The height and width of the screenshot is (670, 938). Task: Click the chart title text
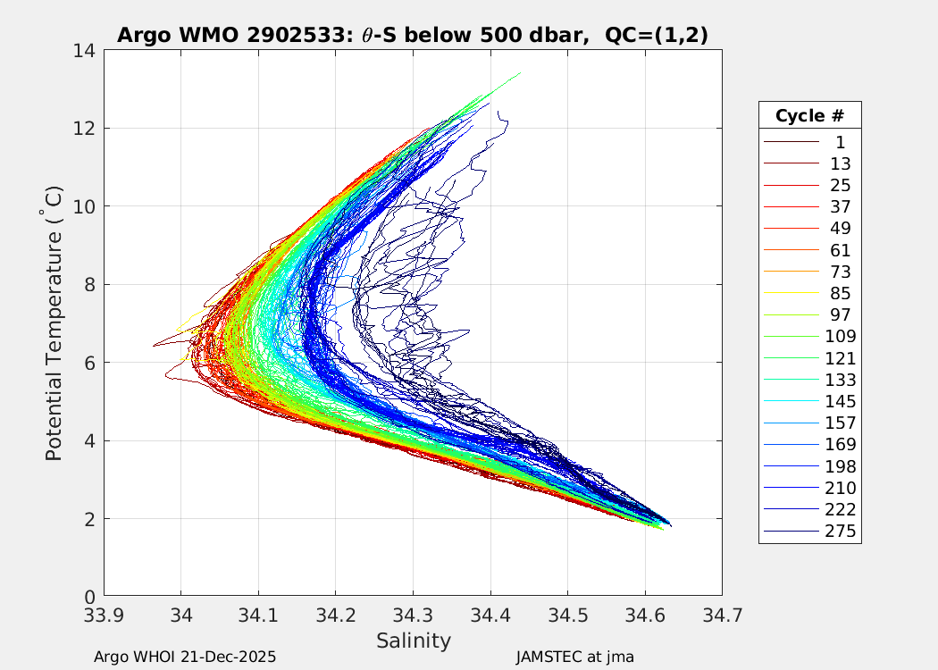[x=413, y=35]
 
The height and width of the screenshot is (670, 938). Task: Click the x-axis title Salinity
[x=413, y=641]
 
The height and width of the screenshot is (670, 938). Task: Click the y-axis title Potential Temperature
[x=54, y=323]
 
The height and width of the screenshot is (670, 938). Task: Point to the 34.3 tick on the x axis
[x=413, y=616]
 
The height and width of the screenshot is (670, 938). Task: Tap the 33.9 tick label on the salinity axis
[x=104, y=616]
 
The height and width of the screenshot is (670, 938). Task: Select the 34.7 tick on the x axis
[x=722, y=616]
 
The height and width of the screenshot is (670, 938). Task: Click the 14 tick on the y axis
[x=85, y=51]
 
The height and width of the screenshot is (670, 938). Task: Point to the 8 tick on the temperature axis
[x=90, y=285]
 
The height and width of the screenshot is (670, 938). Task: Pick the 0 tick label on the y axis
[x=90, y=597]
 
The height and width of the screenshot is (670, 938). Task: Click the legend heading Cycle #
[x=809, y=116]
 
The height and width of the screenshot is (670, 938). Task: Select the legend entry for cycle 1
[x=840, y=142]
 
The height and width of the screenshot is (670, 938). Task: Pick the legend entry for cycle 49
[x=840, y=229]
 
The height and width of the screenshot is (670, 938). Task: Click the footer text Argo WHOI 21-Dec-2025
[x=185, y=657]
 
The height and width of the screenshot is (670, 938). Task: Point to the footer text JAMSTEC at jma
[x=574, y=657]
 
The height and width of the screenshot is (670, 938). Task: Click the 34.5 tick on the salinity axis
[x=567, y=616]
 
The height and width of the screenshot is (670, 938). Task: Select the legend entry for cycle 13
[x=840, y=163]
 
